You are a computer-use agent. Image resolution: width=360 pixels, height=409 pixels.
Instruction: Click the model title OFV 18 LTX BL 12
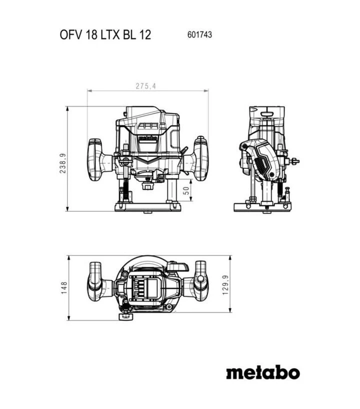(105, 34)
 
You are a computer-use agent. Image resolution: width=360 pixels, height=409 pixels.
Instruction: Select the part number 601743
(199, 34)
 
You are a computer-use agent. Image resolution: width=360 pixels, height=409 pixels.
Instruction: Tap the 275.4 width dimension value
(146, 86)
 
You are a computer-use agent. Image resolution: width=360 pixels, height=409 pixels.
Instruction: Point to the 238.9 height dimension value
(63, 163)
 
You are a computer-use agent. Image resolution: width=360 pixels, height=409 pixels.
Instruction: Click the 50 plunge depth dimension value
(186, 190)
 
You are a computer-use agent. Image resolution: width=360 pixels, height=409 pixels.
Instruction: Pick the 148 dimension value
(64, 287)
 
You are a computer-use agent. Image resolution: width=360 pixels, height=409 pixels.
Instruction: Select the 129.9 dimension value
(225, 285)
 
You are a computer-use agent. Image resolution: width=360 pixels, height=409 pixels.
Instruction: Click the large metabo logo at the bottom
(263, 372)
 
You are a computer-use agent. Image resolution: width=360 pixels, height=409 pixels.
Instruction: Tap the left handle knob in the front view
(95, 159)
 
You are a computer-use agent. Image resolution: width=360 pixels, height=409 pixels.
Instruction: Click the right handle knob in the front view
(201, 158)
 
